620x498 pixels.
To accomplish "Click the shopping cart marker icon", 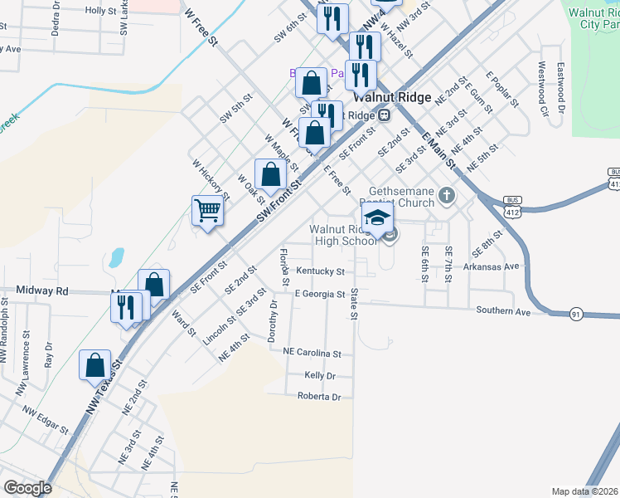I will point(207,209).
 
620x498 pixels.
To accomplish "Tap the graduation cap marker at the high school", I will point(378,219).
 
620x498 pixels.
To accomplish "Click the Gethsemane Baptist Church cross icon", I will point(448,197).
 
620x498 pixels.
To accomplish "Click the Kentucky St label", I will point(319,271).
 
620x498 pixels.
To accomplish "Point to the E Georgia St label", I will point(319,295).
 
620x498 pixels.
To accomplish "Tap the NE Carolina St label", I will point(312,354).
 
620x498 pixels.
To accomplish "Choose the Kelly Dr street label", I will point(319,376).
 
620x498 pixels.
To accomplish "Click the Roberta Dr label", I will point(319,398).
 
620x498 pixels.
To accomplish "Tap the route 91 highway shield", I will point(575,314).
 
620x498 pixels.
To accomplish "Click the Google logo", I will point(27,488).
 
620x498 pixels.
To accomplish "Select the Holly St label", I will point(100,11).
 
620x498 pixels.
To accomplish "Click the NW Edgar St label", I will point(45,420).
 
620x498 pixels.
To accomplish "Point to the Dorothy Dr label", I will point(271,321).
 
